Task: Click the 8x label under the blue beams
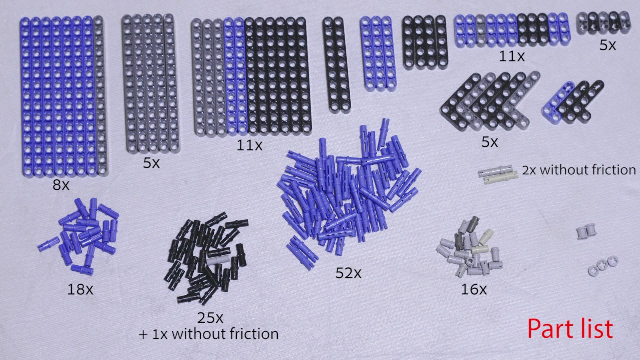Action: tap(61, 185)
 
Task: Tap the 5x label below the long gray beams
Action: tap(151, 163)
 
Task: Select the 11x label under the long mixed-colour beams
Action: tap(249, 145)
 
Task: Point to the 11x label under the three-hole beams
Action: tap(511, 56)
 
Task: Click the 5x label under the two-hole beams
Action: tap(607, 45)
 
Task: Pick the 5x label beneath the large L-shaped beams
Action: tap(489, 142)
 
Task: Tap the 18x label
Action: tap(80, 290)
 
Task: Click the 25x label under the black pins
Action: tap(210, 318)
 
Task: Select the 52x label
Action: tap(348, 273)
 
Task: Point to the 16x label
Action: tap(474, 289)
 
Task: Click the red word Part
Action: tap(552, 329)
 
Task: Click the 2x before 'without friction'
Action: tap(529, 170)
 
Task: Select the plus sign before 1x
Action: tap(143, 334)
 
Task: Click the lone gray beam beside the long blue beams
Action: tap(100, 95)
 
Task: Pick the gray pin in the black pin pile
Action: tap(218, 260)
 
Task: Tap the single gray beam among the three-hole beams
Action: tap(481, 30)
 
